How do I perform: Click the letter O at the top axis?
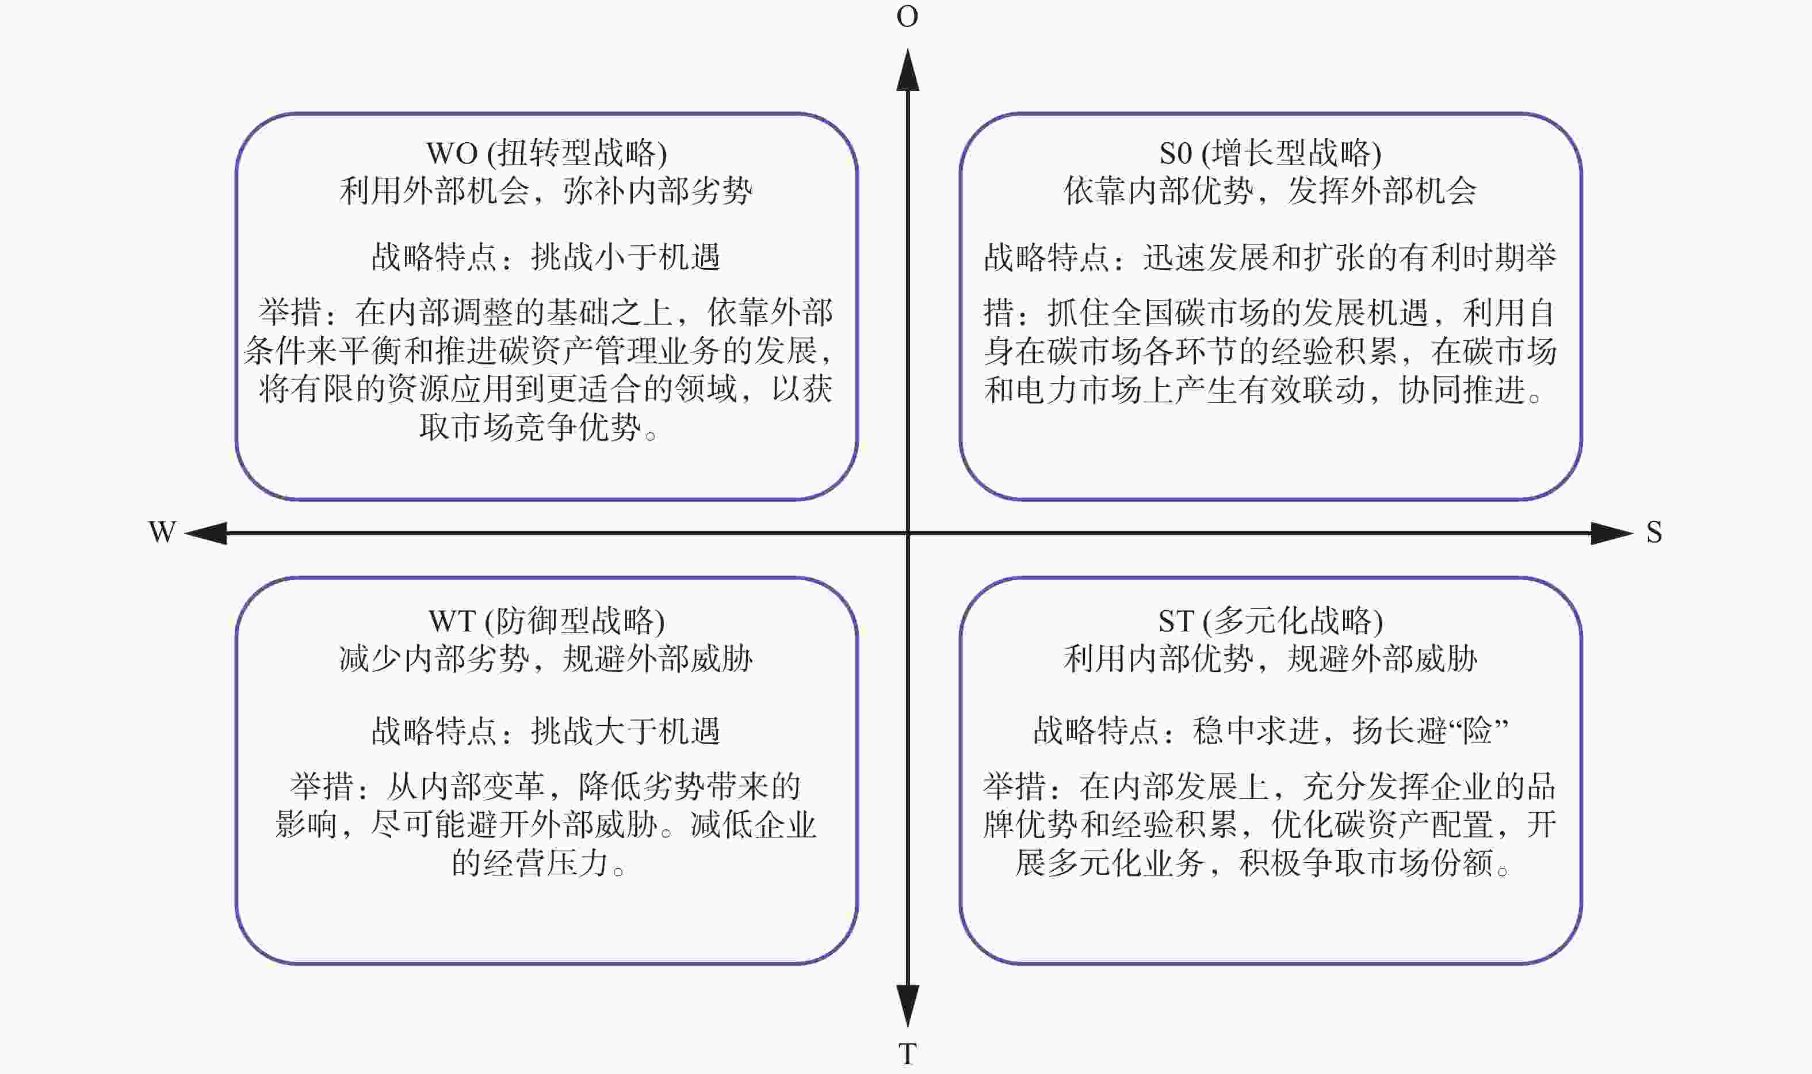click(x=907, y=16)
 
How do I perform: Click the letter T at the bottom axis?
click(x=907, y=1054)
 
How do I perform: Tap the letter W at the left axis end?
click(x=162, y=532)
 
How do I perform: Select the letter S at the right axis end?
click(x=1654, y=532)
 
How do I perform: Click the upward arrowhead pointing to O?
click(x=908, y=70)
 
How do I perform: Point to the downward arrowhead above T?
click(x=908, y=1006)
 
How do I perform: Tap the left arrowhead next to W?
click(x=206, y=534)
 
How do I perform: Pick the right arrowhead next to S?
click(x=1612, y=534)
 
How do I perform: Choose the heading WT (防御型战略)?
click(x=546, y=620)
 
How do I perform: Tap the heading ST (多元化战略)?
click(x=1270, y=620)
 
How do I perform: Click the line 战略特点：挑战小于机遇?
click(x=546, y=257)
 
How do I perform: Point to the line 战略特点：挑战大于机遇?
click(x=546, y=731)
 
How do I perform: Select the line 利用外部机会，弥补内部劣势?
click(x=546, y=191)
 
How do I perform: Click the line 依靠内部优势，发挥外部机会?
click(x=1270, y=191)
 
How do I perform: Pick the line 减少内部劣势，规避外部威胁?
click(x=546, y=658)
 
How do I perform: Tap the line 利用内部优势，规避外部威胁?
click(x=1270, y=658)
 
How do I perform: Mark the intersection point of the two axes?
click(x=908, y=534)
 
